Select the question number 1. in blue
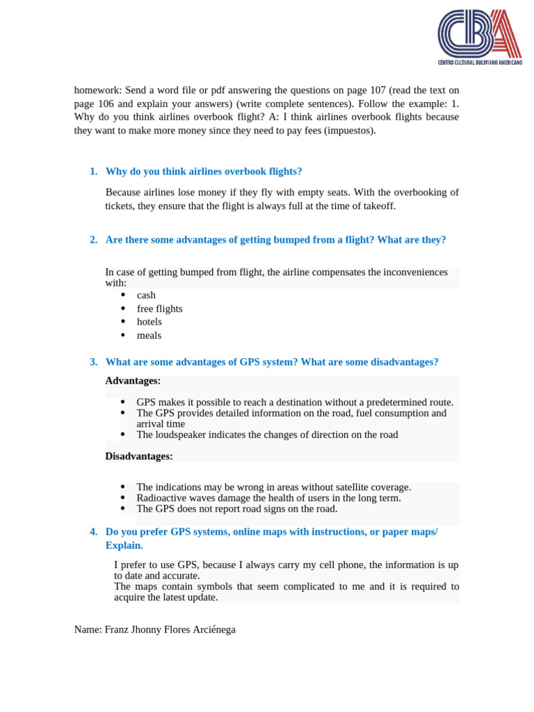pos(94,172)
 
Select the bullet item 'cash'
pos(146,296)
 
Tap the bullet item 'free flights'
pos(159,309)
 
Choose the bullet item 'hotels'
pos(149,322)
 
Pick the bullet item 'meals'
pos(149,335)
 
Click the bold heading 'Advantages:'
pos(133,381)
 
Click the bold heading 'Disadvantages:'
pos(139,457)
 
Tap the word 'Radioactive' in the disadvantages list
pos(161,498)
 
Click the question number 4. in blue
pos(94,532)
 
